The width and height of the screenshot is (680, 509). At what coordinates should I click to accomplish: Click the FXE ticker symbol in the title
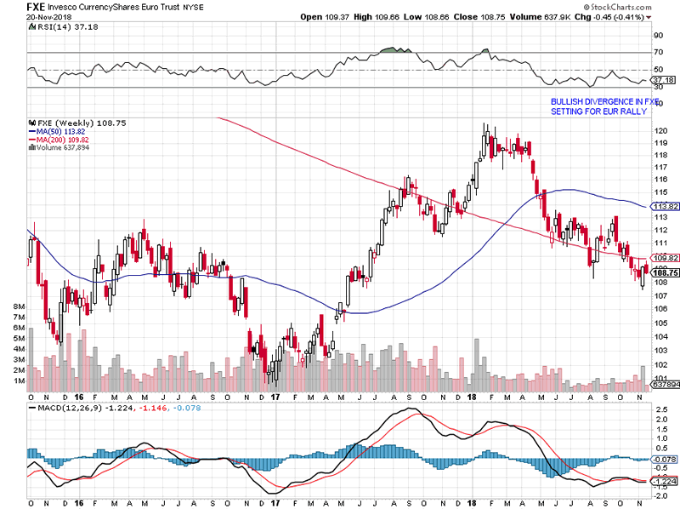point(37,7)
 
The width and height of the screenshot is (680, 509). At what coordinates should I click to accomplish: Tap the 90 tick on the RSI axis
point(658,36)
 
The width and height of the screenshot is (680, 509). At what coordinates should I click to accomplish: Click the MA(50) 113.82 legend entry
point(62,131)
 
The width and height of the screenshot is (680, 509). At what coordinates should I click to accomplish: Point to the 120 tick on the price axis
point(659,130)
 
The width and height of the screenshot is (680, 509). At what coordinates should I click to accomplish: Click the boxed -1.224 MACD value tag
point(663,481)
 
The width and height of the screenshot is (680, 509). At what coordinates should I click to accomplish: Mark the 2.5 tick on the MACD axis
point(659,418)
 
